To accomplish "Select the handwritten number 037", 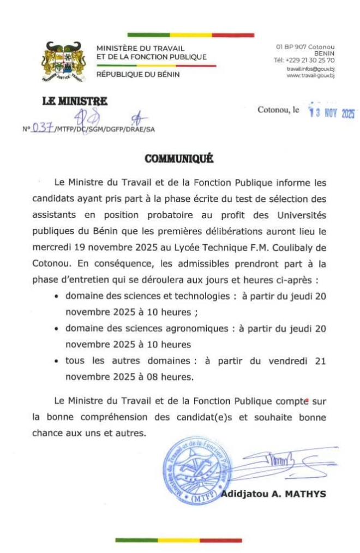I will point(42,129).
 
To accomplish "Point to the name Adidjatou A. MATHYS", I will point(273,494).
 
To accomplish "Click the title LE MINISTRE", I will point(75,101).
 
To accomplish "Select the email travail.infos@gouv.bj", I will point(310,69).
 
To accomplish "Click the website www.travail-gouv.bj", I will point(310,76).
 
